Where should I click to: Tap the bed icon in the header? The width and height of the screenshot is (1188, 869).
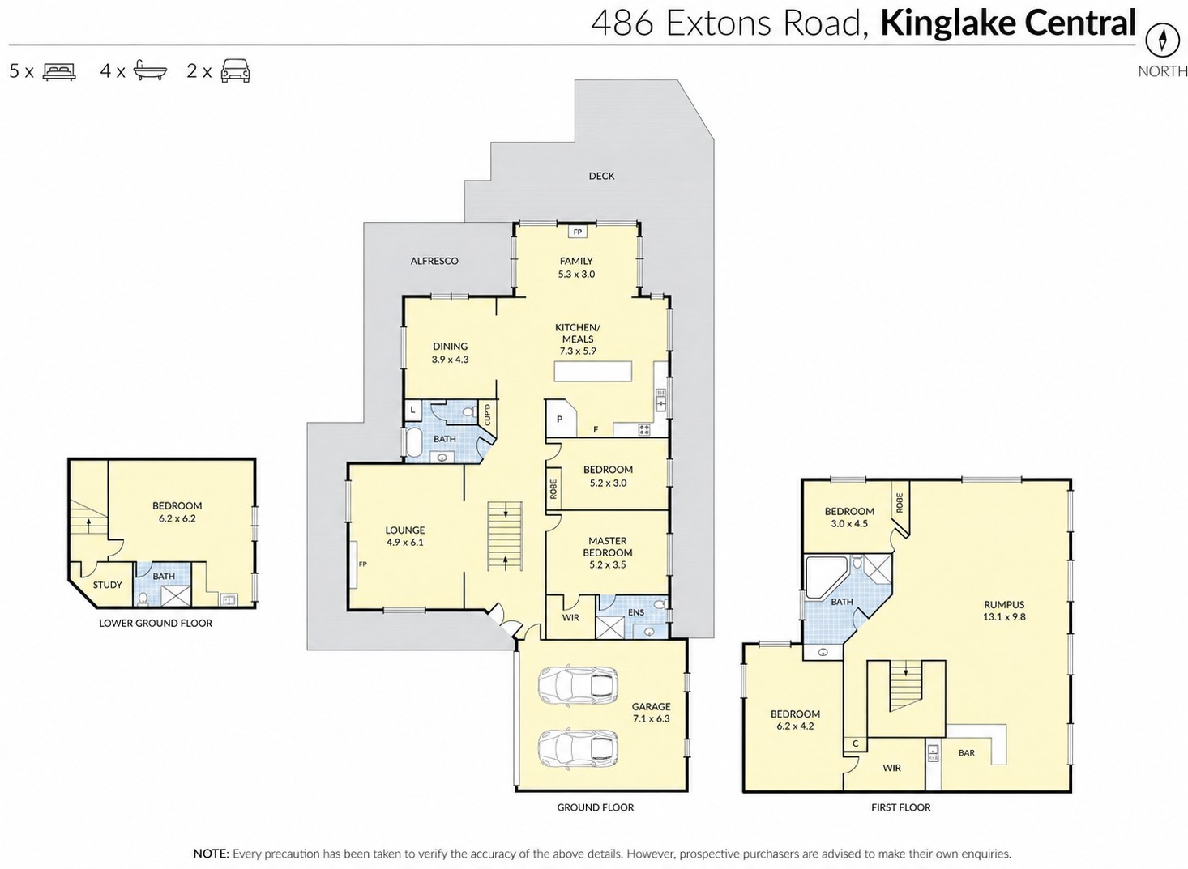pos(59,71)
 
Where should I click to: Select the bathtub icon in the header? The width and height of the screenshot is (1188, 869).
pos(150,70)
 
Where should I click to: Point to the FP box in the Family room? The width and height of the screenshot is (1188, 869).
pos(578,232)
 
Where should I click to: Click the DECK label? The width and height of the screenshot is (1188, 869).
pos(601,176)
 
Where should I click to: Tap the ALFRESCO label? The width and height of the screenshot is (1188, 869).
pos(434,261)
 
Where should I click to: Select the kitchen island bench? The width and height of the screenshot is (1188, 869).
pos(593,372)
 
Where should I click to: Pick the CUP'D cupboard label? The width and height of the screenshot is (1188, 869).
pos(487,414)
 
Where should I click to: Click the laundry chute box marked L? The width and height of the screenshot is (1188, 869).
pos(413,410)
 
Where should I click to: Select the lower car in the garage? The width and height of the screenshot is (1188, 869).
pos(578,748)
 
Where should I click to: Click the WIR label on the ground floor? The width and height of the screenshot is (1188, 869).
pos(570,617)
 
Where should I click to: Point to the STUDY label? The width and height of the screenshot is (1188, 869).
pos(108,585)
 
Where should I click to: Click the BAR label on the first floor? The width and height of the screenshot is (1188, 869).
pos(967,752)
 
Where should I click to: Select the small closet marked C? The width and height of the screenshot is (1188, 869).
pos(855,744)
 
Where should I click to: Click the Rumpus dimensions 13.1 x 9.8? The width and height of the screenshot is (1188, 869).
pos(1004,617)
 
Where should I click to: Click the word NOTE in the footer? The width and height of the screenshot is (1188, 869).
pos(211,854)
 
